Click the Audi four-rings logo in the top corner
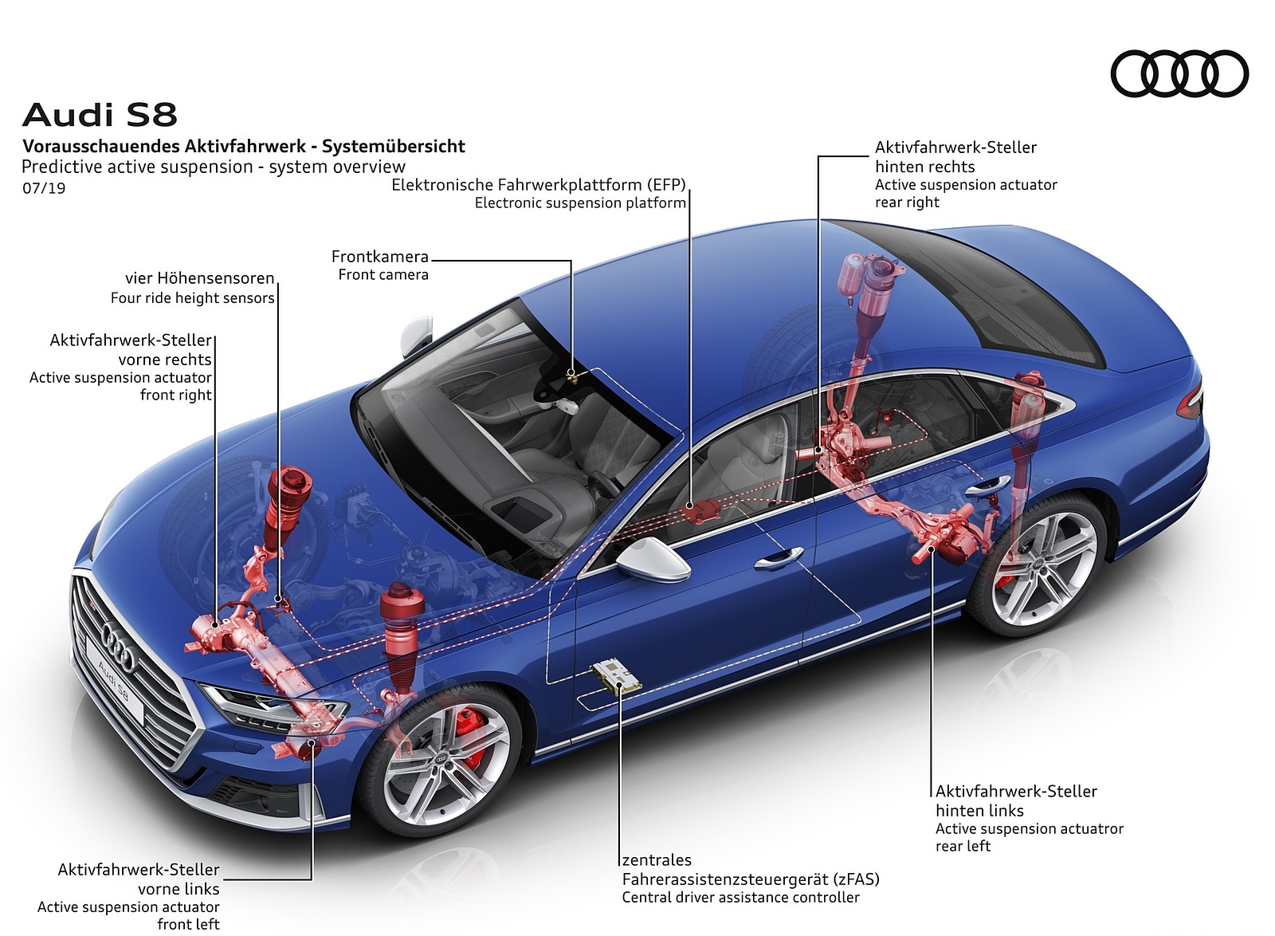[x=1179, y=73]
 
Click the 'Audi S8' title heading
[x=100, y=115]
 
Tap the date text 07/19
[x=44, y=189]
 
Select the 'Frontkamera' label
[x=380, y=257]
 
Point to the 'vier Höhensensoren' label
[x=199, y=278]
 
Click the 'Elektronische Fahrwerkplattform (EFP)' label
[x=538, y=185]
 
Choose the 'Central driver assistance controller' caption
[x=741, y=898]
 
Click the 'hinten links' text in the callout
[x=979, y=811]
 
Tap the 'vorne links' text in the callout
[x=178, y=889]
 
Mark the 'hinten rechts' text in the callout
[x=924, y=167]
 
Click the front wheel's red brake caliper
[x=469, y=741]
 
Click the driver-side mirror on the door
[x=653, y=557]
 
